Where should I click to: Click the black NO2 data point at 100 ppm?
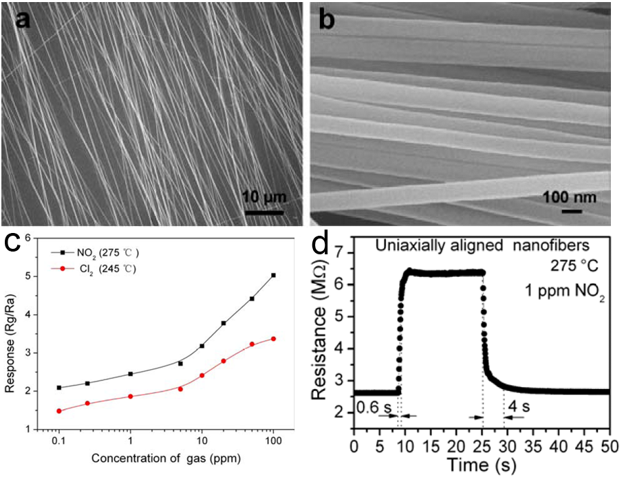click(274, 276)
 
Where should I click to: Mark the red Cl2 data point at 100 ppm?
click(274, 338)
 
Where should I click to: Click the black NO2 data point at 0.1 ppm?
click(59, 388)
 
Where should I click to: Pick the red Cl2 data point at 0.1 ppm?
click(59, 411)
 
